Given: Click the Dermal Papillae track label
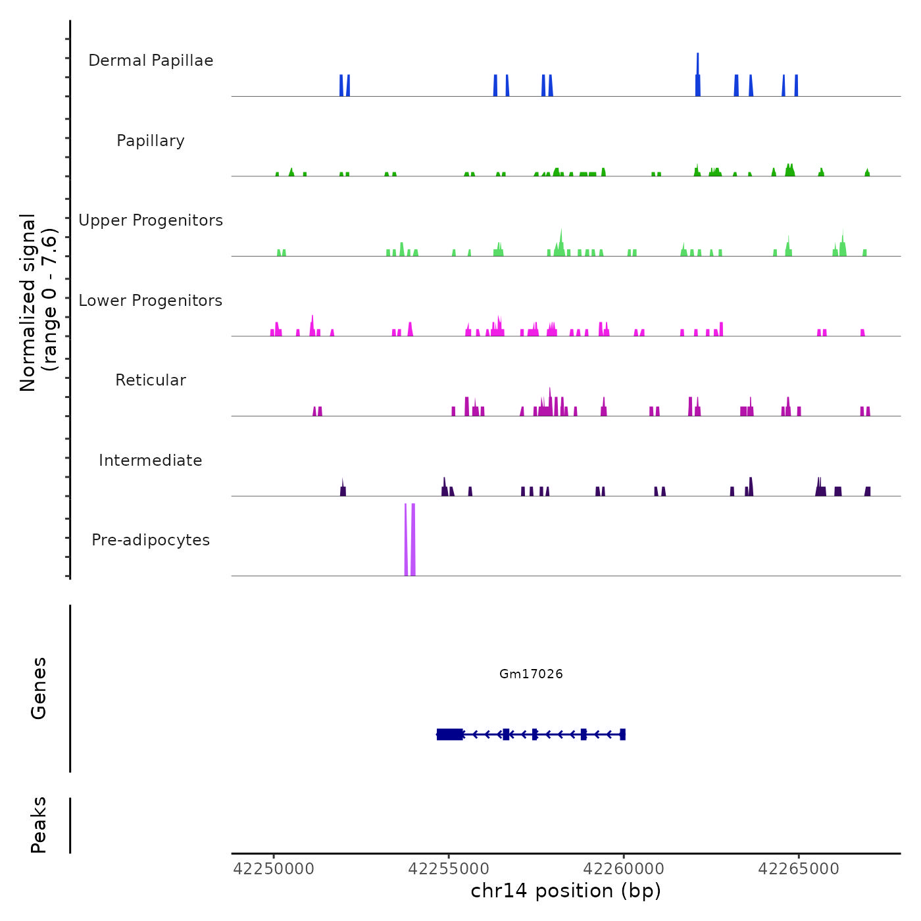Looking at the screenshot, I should pos(151,61).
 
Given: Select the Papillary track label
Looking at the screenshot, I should pos(151,141).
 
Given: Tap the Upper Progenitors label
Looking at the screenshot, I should pos(151,220).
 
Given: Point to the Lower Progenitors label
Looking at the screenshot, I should pos(151,301).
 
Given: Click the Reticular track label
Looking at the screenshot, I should pos(151,380).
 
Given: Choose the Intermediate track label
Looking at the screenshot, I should pos(151,460).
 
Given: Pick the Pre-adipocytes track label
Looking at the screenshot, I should pos(151,540).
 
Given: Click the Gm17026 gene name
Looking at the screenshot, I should pos(531,674).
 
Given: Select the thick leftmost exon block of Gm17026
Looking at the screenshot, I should pos(449,734).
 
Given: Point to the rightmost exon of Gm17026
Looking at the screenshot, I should pos(622,734).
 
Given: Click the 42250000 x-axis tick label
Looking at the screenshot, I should pos(274,869).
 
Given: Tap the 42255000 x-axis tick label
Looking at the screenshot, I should pos(449,869).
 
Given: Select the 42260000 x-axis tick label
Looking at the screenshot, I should pos(624,869).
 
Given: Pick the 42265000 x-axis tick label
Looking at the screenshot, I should pos(799,869).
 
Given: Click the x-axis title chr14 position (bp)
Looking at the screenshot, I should pos(566,891).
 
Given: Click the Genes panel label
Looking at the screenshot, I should pos(39,688).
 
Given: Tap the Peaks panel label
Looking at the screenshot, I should pos(39,825).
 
